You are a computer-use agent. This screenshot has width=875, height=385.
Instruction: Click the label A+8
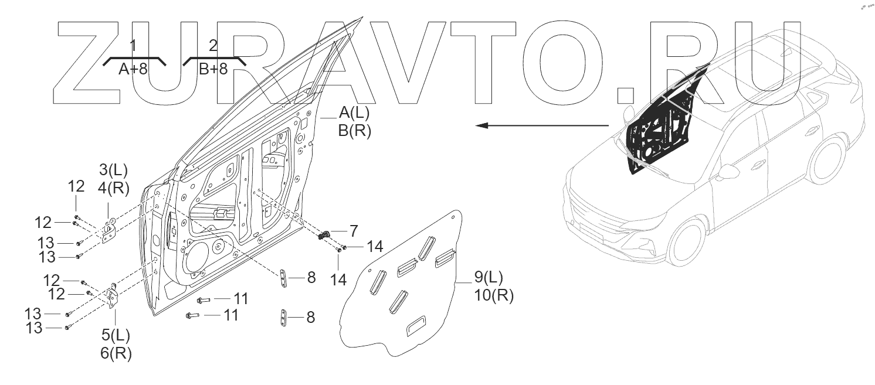pos(133,70)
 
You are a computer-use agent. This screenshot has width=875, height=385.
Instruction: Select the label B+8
pos(212,70)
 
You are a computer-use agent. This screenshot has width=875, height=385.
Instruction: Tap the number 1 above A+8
pos(133,46)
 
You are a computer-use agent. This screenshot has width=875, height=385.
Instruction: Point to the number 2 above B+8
pos(213,46)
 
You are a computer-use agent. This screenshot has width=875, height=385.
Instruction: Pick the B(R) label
pos(354,131)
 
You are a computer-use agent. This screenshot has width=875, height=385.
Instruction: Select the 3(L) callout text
pos(113,171)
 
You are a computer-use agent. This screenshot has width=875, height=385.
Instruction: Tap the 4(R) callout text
pos(113,189)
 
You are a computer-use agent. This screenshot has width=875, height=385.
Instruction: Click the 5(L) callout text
pos(116,336)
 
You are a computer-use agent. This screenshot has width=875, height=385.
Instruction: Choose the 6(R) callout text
pos(116,354)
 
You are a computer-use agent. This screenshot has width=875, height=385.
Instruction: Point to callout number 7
pos(354,231)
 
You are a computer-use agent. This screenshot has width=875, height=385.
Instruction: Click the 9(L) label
pos(488,277)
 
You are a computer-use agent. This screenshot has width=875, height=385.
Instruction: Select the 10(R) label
pos(493,296)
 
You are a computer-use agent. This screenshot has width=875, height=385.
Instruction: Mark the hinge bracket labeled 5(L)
pos(111,296)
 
